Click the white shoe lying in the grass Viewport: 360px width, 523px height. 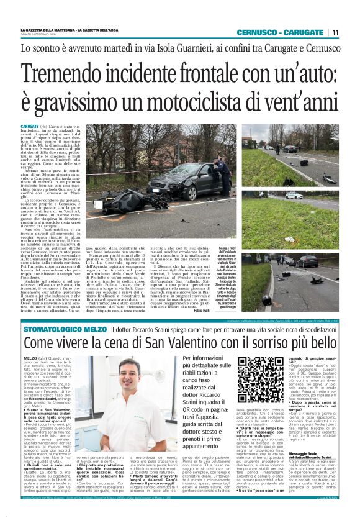[272, 238]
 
